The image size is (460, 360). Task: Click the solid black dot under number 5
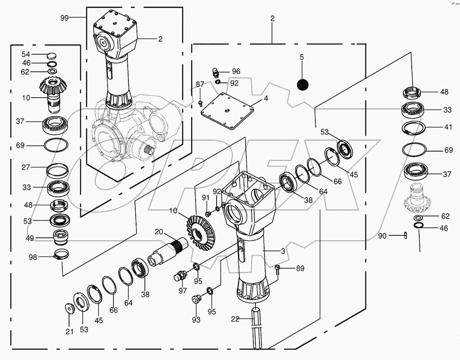(303, 85)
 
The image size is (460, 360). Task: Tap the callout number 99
(65, 17)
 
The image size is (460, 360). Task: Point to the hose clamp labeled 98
(58, 256)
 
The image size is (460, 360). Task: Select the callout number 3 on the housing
(283, 252)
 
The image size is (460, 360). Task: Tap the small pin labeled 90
(406, 235)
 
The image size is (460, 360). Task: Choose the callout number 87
(200, 85)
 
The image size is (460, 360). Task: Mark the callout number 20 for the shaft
(159, 232)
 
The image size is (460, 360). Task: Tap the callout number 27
(26, 167)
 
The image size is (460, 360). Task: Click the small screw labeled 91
(208, 213)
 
